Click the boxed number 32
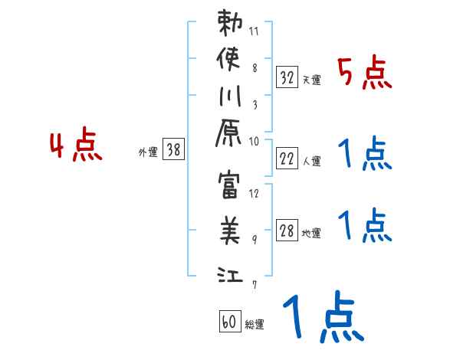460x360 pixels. pos(287,77)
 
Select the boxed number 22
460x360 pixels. pos(287,159)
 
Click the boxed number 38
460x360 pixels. pos(173,151)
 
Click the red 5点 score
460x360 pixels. pos(365,75)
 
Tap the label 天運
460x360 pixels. pos(311,80)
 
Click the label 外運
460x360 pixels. pos(147,152)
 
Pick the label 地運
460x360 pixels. pos(311,234)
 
